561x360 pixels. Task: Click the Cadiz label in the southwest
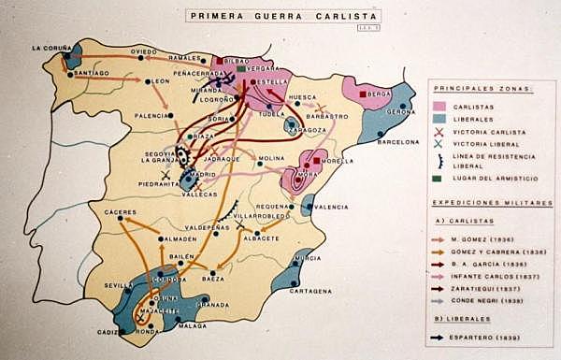pos(106,331)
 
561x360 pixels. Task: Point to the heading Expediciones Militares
pos(483,202)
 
